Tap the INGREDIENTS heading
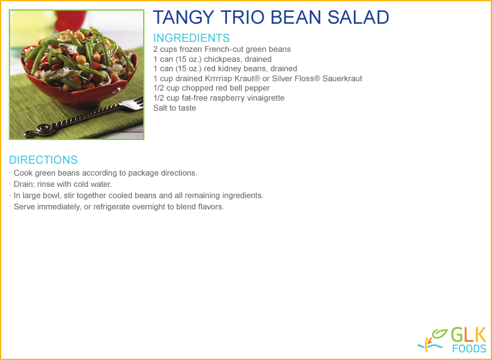tap(191, 38)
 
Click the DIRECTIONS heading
tap(43, 160)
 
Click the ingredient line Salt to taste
tap(174, 108)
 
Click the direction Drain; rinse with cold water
tap(63, 184)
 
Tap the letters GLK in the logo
tap(469, 335)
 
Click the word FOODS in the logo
tap(469, 349)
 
